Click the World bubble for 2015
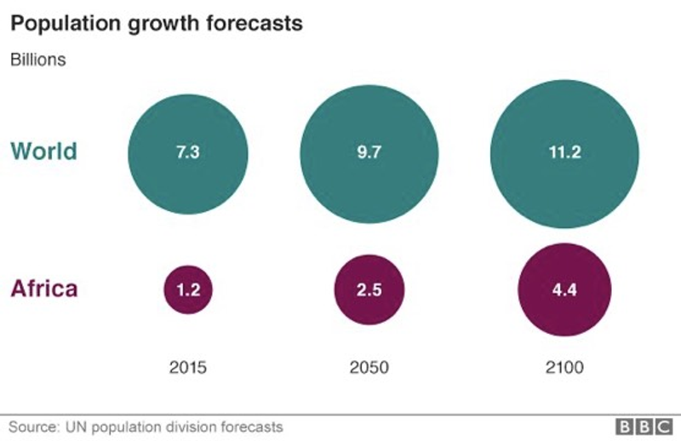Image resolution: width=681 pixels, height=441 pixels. click(x=188, y=154)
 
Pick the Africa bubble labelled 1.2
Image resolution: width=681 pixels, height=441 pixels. click(x=188, y=289)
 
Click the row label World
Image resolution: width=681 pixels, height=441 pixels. click(x=43, y=152)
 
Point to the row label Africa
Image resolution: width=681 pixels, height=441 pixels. click(x=43, y=289)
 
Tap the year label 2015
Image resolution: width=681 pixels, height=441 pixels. click(x=188, y=368)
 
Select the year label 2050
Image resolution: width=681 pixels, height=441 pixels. click(x=369, y=368)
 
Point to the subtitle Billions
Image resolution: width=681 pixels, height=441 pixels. click(x=37, y=60)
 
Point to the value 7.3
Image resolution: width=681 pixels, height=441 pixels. click(x=188, y=154)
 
